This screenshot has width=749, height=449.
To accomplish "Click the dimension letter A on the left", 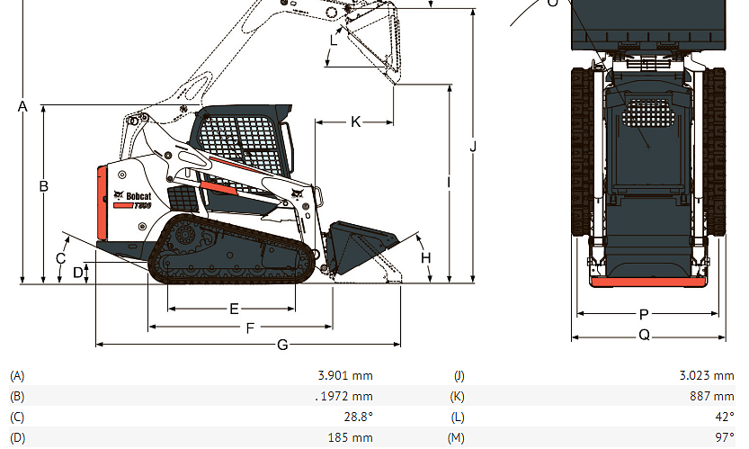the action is (22, 106).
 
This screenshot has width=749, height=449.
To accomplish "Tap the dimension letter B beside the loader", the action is (43, 185).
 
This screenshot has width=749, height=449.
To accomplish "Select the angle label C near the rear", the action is (60, 258).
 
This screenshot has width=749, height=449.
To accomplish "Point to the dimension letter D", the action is (78, 273).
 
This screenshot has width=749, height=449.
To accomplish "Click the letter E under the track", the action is (234, 309).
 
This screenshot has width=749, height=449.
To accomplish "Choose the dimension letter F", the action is (250, 328).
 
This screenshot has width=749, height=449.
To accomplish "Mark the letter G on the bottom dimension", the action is (282, 345).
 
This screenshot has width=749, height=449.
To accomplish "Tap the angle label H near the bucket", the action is (425, 258).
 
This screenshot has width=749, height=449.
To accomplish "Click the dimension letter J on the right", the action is (473, 147).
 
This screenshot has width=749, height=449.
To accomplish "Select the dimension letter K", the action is (355, 122).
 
